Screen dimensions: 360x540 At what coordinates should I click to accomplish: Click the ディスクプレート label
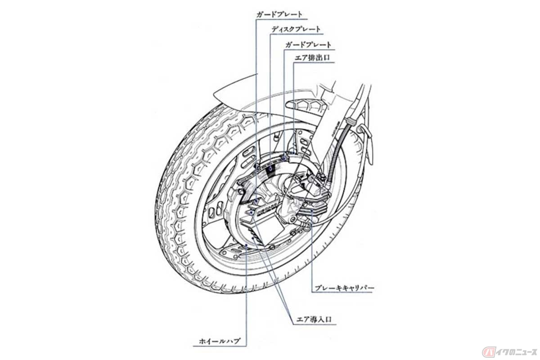click(x=296, y=29)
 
